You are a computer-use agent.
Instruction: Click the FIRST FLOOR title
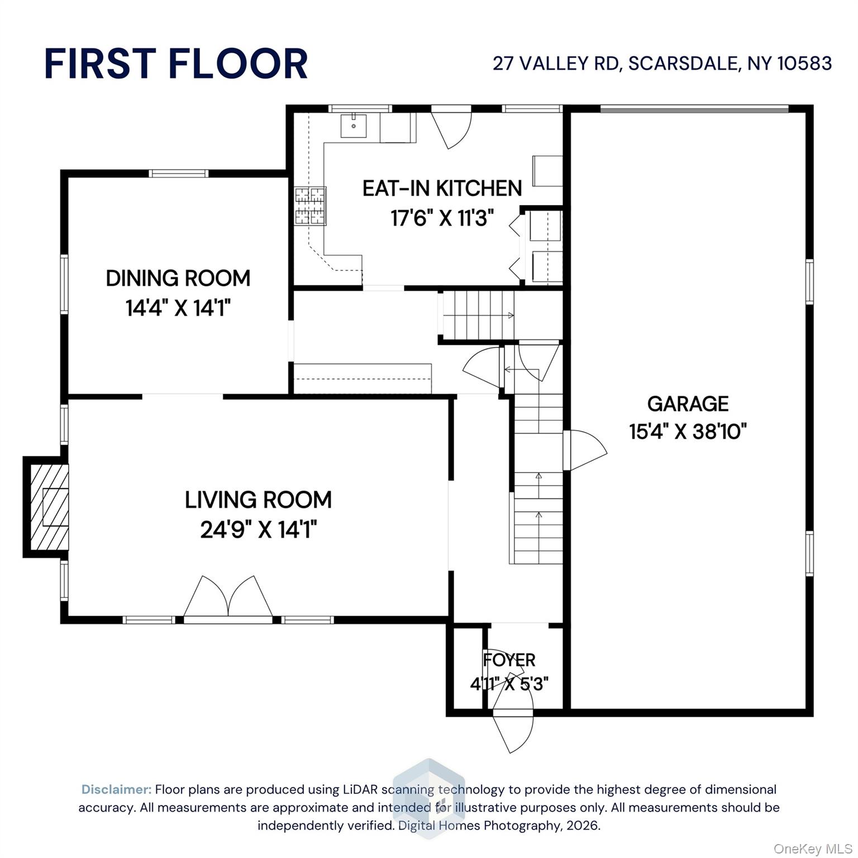[176, 64]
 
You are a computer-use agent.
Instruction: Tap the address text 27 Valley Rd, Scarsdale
[662, 64]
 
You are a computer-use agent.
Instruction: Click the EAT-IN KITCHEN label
[442, 189]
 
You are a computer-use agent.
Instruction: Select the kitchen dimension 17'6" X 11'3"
[442, 218]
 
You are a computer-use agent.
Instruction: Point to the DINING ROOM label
[178, 278]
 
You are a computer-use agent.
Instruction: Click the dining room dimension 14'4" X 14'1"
[178, 308]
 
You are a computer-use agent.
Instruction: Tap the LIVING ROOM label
[258, 500]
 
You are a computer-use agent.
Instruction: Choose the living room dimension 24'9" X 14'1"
[258, 530]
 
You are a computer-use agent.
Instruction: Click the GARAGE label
[688, 403]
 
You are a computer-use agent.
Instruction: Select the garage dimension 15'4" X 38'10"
[688, 432]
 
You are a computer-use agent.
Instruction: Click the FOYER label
[509, 660]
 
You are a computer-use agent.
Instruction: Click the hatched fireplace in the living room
[47, 507]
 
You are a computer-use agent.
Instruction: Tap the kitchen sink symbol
[354, 126]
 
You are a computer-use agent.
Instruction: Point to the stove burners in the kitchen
[310, 206]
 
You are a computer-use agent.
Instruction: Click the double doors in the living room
[228, 598]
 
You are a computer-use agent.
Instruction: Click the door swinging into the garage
[584, 450]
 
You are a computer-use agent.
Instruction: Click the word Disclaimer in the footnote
[116, 789]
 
